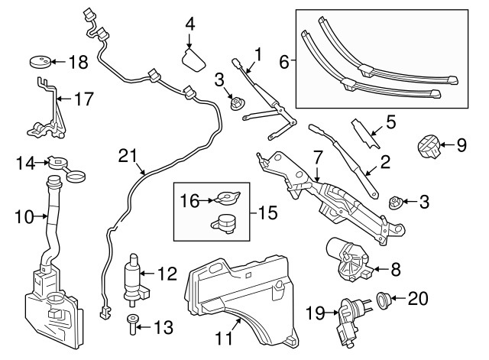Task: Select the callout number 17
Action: [82, 98]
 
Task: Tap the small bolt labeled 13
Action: [134, 324]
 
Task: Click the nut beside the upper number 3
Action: [237, 102]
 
